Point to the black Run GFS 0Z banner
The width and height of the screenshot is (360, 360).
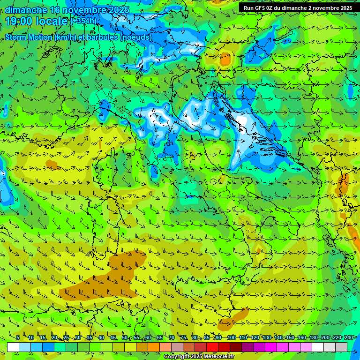pos(298,8)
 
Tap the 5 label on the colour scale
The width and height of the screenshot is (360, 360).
pos(17,338)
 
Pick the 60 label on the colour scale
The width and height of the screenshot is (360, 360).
pos(148,338)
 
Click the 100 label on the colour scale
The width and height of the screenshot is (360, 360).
pos(231,338)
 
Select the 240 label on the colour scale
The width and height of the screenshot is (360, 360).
pos(349,338)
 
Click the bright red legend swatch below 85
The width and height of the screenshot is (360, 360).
pos(212,347)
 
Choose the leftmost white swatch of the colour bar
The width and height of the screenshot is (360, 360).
pos(13,347)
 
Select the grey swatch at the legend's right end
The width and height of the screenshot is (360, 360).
pos(341,347)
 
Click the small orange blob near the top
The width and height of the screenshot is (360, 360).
pos(225,60)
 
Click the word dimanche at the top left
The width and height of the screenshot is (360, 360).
pos(26,9)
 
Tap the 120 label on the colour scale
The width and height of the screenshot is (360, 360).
pos(255,338)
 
